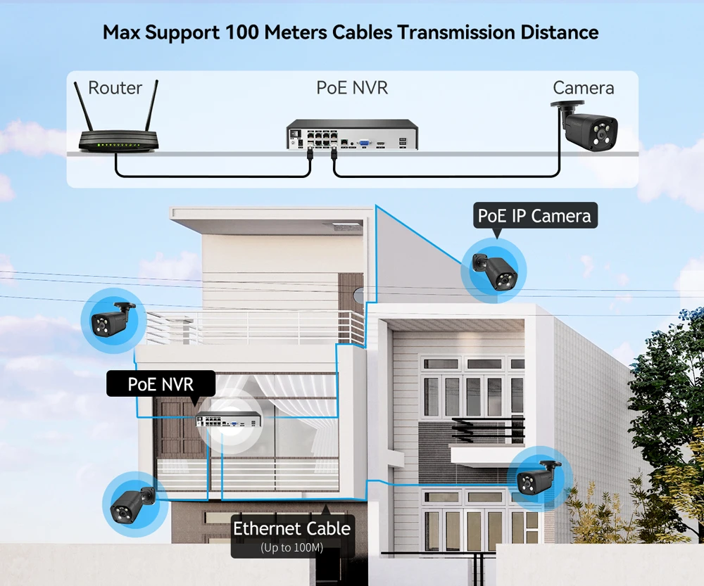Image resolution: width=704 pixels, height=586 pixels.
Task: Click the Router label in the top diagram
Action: point(115,88)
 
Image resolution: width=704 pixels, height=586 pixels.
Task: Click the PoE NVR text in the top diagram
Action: point(352,88)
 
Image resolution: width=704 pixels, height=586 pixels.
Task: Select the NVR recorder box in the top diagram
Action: point(352,135)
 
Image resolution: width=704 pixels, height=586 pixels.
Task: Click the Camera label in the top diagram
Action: point(583,88)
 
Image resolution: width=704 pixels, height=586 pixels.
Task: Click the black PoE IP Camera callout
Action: point(534,215)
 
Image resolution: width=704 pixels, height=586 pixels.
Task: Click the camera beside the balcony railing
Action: point(113,320)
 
